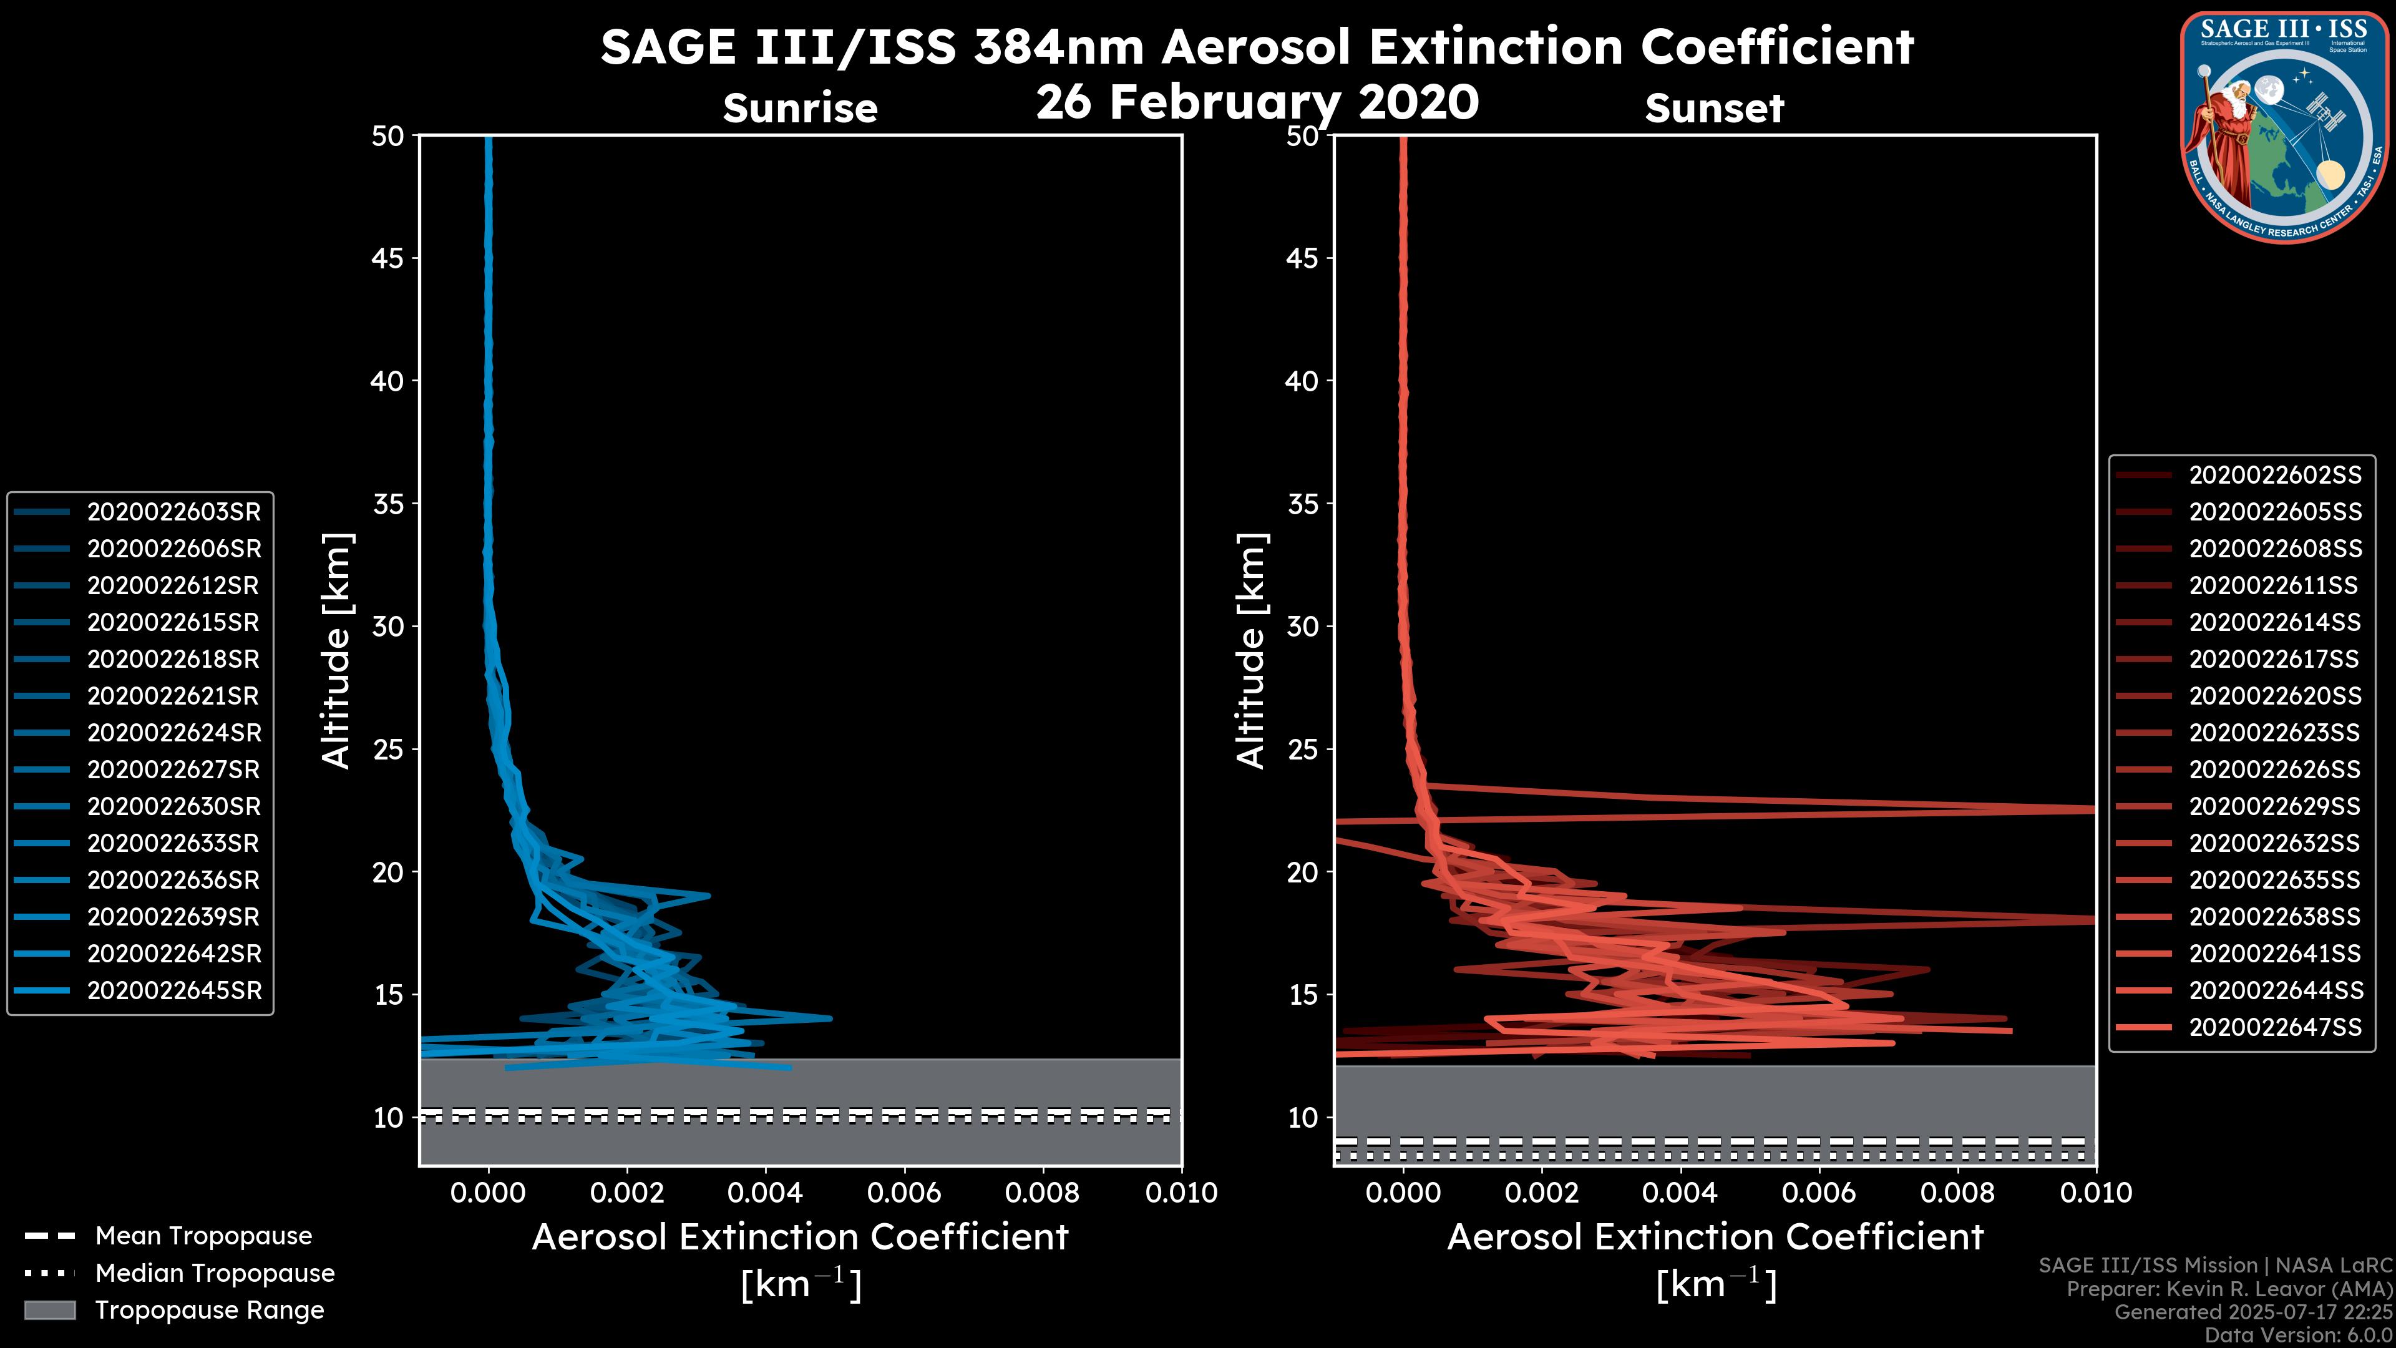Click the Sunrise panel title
(800, 108)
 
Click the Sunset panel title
(1714, 108)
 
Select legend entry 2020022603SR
(174, 512)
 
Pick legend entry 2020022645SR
(174, 991)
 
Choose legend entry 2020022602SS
(2275, 476)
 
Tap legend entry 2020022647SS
(2275, 1027)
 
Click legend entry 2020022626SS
(2275, 769)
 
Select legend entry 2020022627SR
(174, 769)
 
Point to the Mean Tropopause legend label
(203, 1236)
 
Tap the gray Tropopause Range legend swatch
(50, 1310)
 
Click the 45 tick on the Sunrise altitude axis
(388, 258)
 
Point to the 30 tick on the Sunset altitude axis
(1303, 626)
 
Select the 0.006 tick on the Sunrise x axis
(904, 1193)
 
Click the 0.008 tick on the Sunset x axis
(1958, 1193)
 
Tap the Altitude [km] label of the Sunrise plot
(337, 650)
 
